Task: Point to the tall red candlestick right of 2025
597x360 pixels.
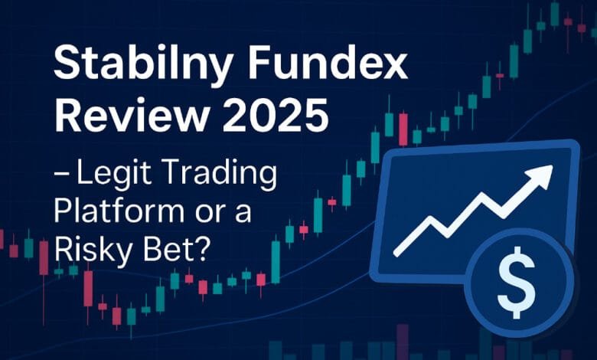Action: click(403, 129)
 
